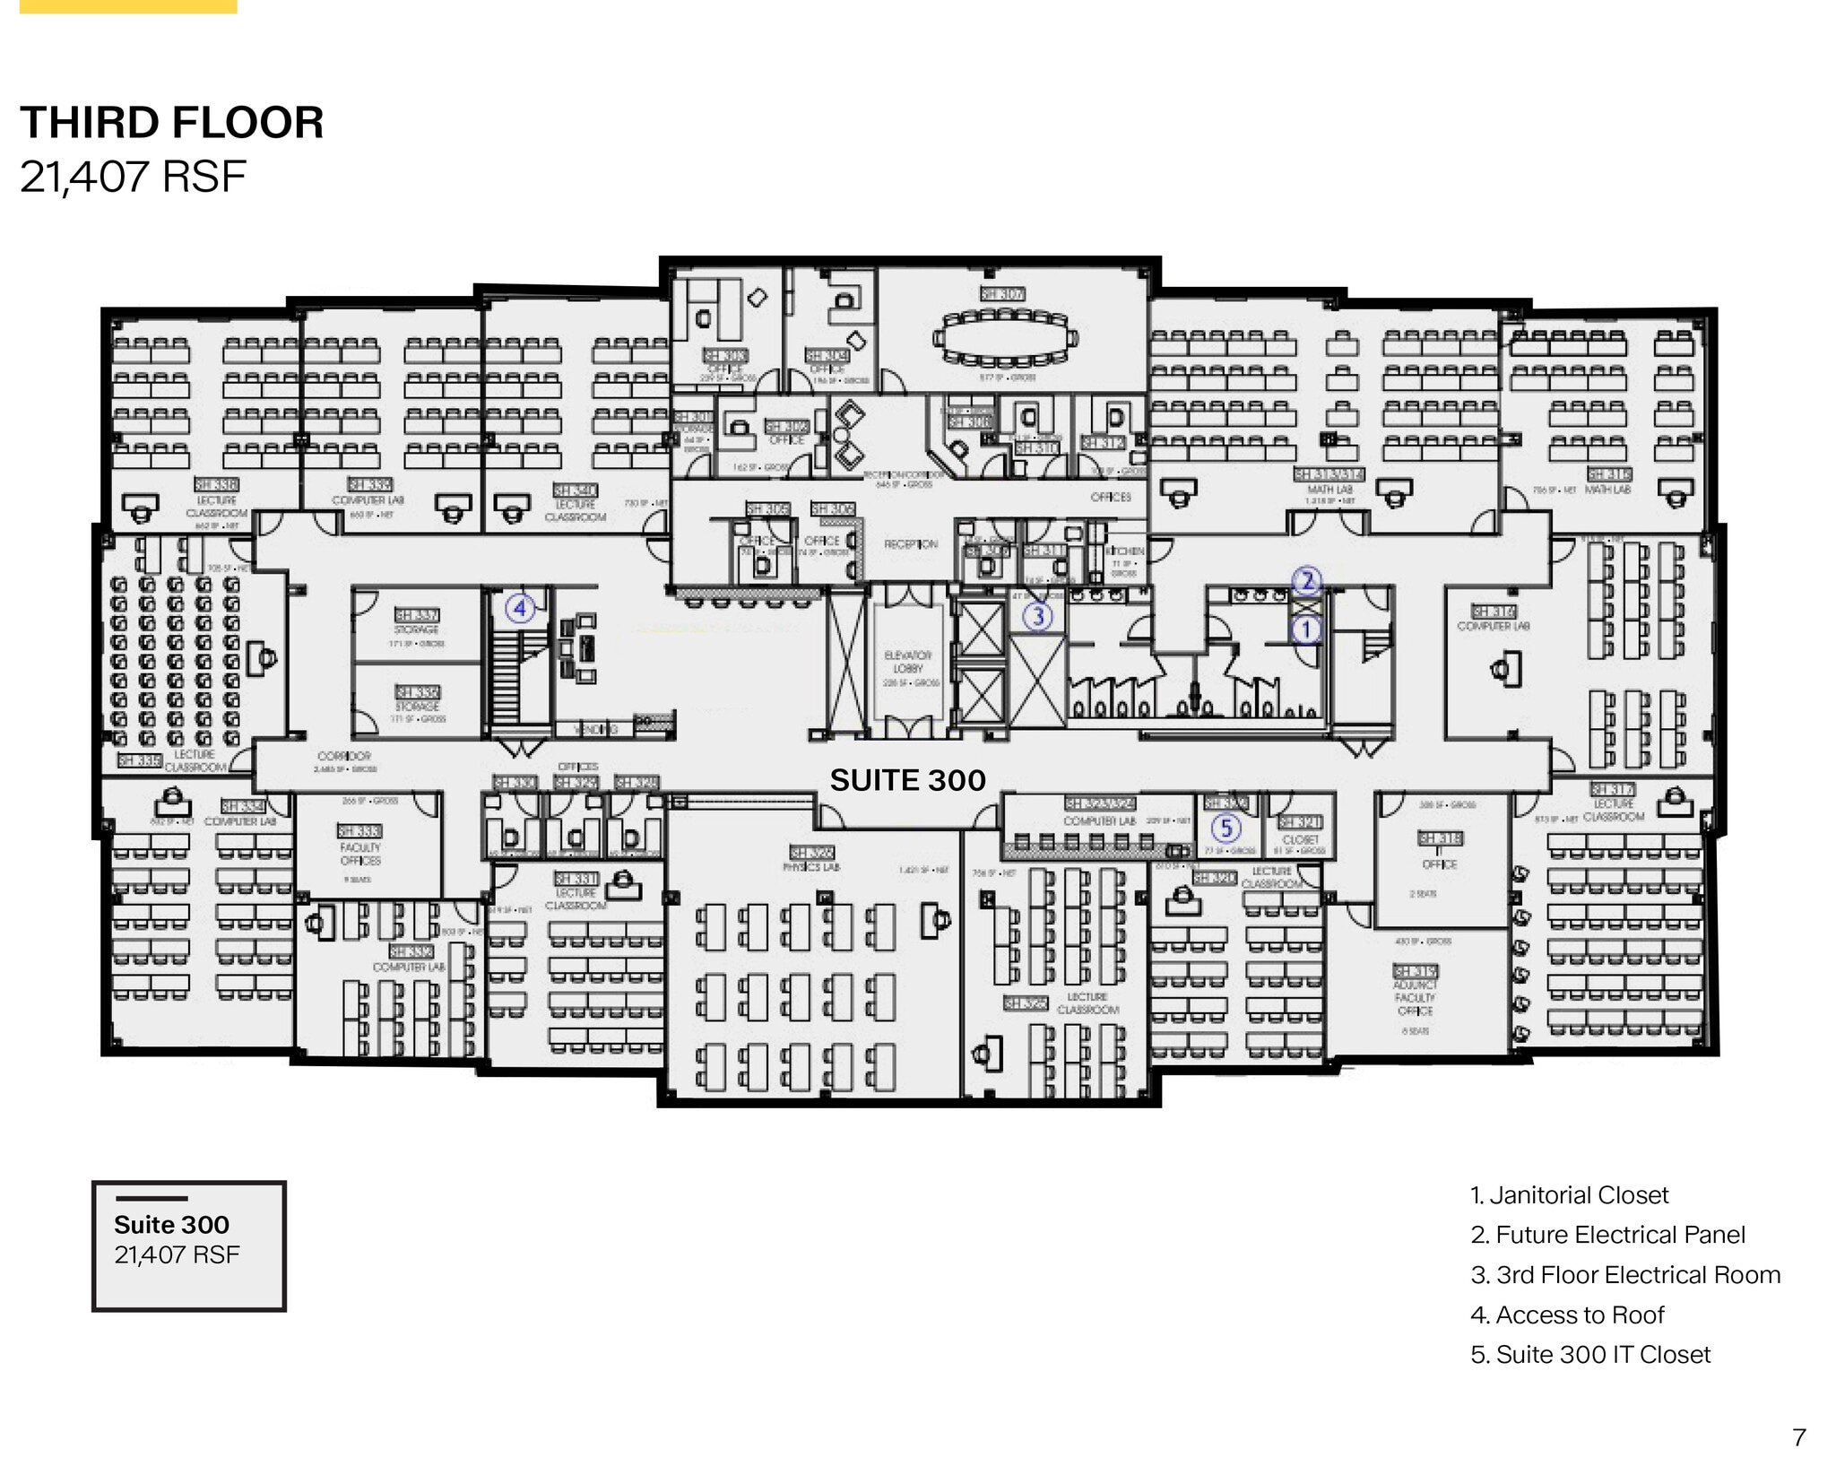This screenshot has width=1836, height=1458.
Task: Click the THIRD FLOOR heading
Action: click(x=171, y=123)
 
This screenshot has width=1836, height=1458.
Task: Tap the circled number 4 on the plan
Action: click(x=520, y=609)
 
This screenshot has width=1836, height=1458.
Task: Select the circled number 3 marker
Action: click(x=1038, y=616)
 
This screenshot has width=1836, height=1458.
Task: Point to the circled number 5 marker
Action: click(x=1226, y=828)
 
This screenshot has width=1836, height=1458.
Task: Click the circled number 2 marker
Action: click(x=1307, y=581)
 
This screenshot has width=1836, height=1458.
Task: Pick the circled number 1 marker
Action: click(x=1306, y=629)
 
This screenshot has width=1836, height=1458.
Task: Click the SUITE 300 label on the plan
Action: click(x=907, y=780)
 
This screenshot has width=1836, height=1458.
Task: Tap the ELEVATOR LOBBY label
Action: click(x=907, y=662)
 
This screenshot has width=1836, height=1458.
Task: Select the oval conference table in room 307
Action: click(x=1004, y=339)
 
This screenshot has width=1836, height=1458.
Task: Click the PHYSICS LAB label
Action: click(x=811, y=867)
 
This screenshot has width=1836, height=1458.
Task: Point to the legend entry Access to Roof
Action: click(x=1567, y=1315)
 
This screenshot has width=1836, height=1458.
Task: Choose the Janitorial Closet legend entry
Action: click(x=1569, y=1195)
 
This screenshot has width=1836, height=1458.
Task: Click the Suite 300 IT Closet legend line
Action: click(x=1590, y=1354)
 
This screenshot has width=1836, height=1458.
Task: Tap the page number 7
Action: click(x=1798, y=1437)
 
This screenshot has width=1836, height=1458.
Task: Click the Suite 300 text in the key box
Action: click(x=171, y=1225)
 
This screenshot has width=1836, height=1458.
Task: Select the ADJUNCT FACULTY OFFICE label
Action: click(x=1415, y=997)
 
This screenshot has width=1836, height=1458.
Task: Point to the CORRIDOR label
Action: click(x=343, y=756)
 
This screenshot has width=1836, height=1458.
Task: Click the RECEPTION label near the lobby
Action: click(x=911, y=544)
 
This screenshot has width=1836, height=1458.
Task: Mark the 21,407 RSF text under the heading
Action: click(x=133, y=177)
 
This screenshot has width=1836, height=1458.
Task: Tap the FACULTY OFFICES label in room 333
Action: click(x=360, y=854)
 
